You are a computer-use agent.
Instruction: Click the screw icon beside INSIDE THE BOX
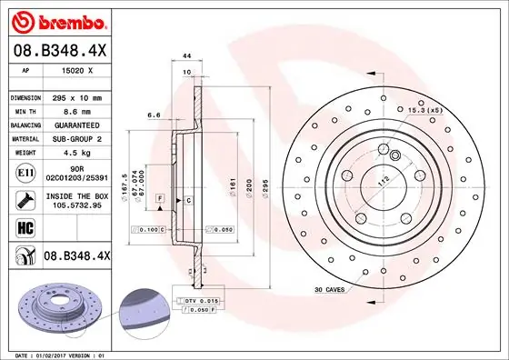[x=24, y=200]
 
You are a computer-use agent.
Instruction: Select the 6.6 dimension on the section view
[x=155, y=115]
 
